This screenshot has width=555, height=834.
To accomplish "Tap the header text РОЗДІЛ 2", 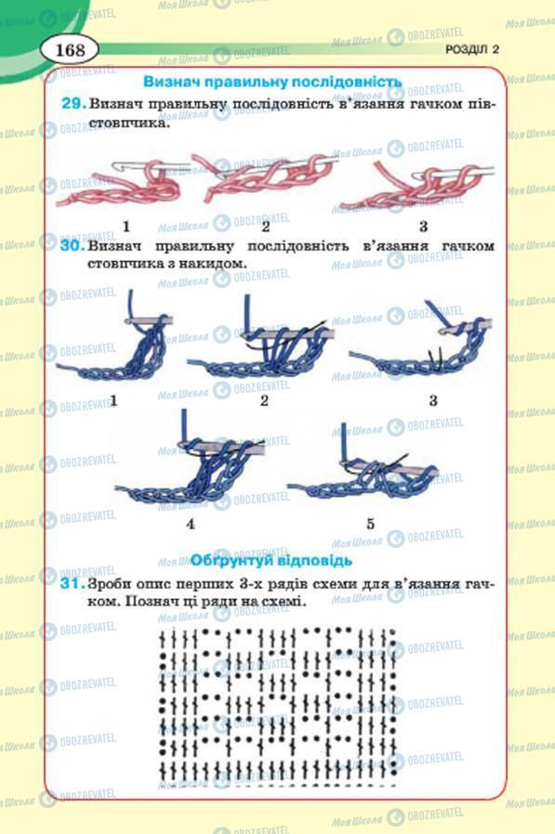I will pos(471,50).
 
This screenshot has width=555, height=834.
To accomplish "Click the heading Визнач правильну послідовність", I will pos(272,82).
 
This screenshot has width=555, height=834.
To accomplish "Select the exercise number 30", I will pos(74,248).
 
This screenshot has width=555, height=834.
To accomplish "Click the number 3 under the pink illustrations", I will pos(422,226).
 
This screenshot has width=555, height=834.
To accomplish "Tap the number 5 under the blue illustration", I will pos(370,524).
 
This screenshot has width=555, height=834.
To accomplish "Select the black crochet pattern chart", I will pos(276,703).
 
